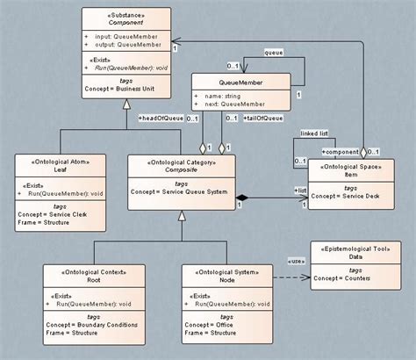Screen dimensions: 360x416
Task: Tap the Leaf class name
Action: point(61,170)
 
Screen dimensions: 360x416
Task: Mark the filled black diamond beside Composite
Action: point(243,200)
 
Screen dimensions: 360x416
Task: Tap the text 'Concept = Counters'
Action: point(360,278)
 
